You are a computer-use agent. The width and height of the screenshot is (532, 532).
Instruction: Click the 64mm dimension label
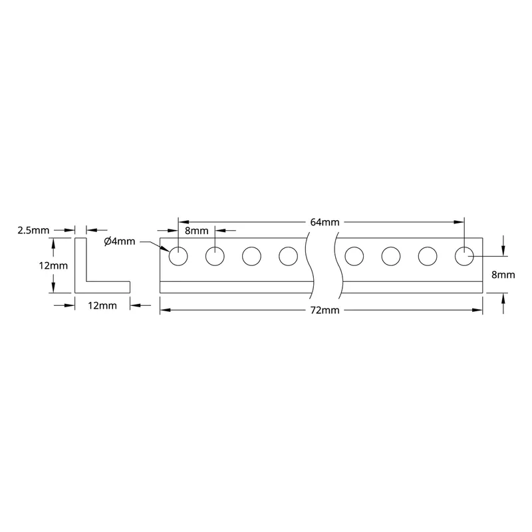coord(325,222)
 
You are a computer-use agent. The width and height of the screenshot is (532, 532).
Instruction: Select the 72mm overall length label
coord(325,310)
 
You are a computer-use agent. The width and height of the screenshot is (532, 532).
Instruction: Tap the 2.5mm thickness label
coord(33,230)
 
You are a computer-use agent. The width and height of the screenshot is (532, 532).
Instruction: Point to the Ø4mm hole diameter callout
coord(120,241)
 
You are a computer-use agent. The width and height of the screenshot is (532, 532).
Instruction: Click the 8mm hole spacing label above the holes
coord(196,231)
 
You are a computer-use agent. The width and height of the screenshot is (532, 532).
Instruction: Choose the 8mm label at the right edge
coord(503,275)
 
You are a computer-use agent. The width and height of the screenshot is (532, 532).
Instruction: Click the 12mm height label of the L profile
coord(53,265)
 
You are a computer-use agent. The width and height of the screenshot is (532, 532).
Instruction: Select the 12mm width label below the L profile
coord(102,306)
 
